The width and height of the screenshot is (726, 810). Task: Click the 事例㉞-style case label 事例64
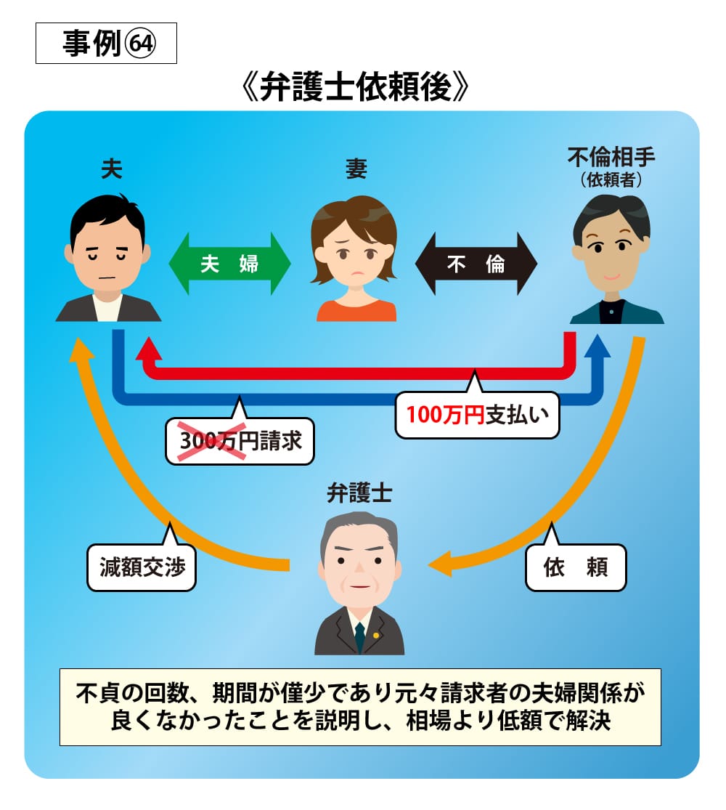[106, 44]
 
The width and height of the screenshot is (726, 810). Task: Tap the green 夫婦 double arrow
[229, 264]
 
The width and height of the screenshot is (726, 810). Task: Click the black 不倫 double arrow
[476, 264]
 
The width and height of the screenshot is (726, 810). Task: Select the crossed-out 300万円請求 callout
[240, 440]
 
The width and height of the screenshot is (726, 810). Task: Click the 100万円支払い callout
[477, 416]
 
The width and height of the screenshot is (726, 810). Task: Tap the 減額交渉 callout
[142, 567]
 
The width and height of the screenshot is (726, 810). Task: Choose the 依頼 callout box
[575, 567]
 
